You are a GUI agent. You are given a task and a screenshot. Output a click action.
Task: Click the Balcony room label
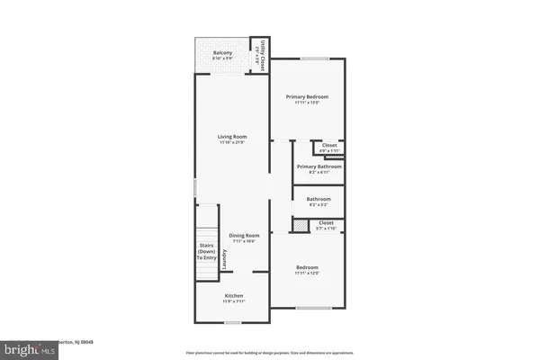(222, 53)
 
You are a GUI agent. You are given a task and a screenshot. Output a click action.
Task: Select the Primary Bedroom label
(307, 96)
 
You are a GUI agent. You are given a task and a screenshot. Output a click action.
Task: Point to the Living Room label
(232, 137)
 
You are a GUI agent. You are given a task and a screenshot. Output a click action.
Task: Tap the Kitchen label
(233, 296)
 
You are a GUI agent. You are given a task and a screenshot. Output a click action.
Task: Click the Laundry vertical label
(224, 257)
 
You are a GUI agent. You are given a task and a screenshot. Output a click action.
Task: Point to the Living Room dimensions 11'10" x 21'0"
(232, 143)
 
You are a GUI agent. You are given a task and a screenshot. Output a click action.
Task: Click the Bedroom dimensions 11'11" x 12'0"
(308, 273)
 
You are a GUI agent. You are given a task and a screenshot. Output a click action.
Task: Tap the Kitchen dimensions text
(233, 302)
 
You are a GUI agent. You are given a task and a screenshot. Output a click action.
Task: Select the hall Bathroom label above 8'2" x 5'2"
(319, 199)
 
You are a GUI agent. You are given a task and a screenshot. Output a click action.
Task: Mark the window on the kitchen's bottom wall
(233, 321)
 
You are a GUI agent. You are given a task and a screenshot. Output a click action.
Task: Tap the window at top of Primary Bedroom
(313, 58)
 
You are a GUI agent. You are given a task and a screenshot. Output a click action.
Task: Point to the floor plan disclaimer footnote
(270, 352)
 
